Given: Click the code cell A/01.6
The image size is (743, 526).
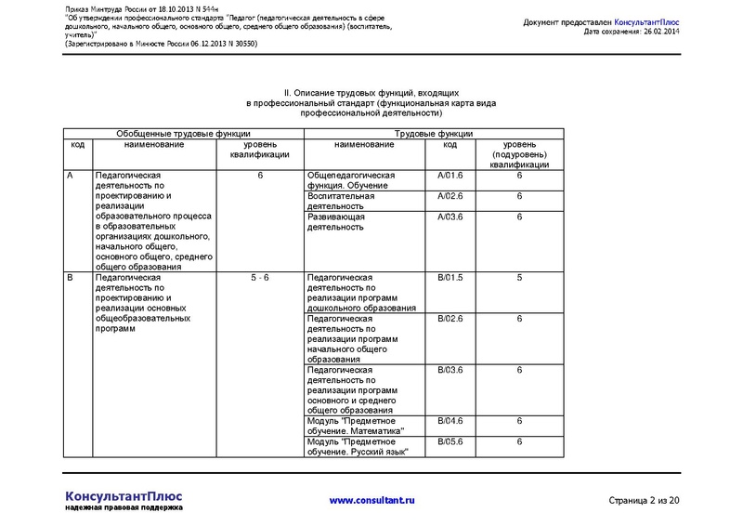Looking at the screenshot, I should click(450, 176).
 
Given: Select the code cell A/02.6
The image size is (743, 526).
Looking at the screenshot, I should click(450, 196).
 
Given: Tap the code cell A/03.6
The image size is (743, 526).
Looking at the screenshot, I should click(450, 217).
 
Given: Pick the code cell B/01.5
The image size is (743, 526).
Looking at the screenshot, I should click(450, 278).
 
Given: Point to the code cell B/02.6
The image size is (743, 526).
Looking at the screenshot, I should click(450, 319).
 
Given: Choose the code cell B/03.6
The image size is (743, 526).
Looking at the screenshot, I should click(450, 370).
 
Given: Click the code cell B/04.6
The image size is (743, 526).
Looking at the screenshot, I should click(450, 421).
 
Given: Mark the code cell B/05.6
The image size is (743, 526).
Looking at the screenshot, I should click(450, 441).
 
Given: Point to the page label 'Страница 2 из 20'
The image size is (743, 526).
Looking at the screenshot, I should click(644, 502).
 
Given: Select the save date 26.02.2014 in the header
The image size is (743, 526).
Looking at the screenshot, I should click(658, 32).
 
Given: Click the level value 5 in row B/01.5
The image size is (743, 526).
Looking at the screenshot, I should click(519, 278).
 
